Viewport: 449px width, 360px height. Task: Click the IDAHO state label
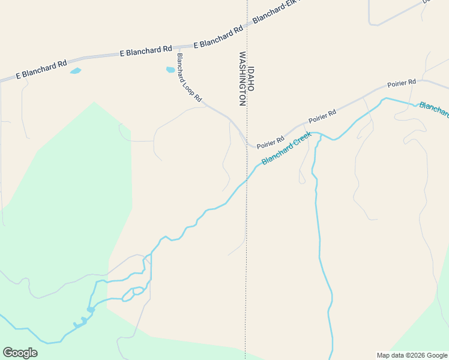tap(251, 79)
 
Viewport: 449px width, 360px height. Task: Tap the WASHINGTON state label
tap(243, 79)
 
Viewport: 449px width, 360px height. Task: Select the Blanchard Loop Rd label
tap(189, 77)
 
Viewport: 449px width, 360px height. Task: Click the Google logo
tap(20, 353)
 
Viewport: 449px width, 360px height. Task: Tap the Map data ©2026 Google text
tap(412, 355)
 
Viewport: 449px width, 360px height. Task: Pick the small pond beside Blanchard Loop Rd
tap(170, 70)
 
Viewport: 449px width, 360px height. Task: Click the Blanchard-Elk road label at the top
tap(275, 12)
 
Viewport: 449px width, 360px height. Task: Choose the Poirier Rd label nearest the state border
tap(270, 142)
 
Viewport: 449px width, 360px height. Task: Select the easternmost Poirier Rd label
tap(402, 83)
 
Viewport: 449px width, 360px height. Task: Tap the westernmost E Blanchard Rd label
tap(41, 70)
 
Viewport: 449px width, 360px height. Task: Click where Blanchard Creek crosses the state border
tap(246, 179)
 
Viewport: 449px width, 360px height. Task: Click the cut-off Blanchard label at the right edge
tap(434, 110)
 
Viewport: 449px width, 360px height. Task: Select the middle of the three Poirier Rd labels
tap(322, 116)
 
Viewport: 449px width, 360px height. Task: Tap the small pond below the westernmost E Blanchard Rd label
tap(75, 71)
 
